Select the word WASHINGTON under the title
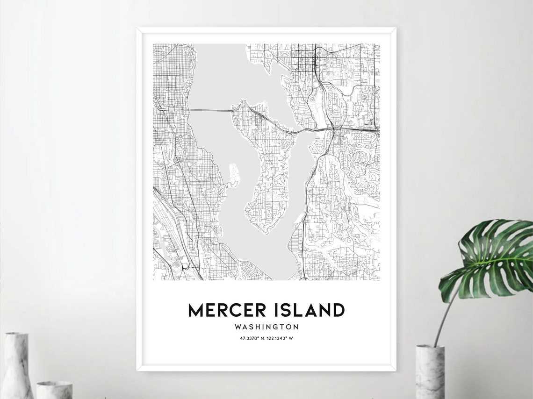coord(266,327)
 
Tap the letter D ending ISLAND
coord(338,310)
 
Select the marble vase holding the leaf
coord(430,371)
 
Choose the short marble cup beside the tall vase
coord(54,390)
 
